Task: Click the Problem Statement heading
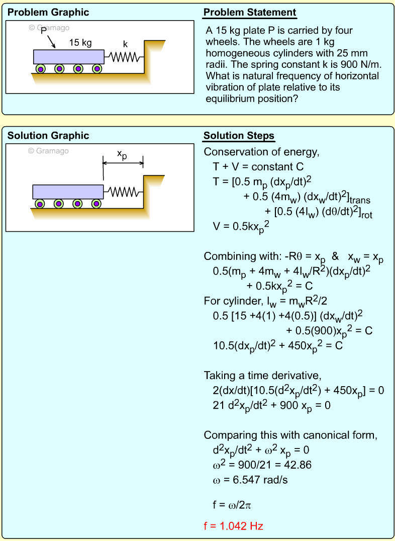tap(250, 13)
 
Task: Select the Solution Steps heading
tap(239, 136)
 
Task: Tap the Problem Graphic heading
tap(48, 13)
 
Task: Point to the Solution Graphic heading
tap(48, 136)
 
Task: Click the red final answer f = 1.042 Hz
tap(233, 526)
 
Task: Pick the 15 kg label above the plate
tap(80, 43)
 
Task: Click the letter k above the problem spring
tap(125, 44)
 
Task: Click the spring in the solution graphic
tap(123, 192)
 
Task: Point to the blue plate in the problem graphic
tap(68, 57)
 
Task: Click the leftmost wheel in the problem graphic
tap(40, 69)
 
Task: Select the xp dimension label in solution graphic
tap(122, 155)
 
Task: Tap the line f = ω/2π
tap(235, 504)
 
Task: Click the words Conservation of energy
tap(261, 152)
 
